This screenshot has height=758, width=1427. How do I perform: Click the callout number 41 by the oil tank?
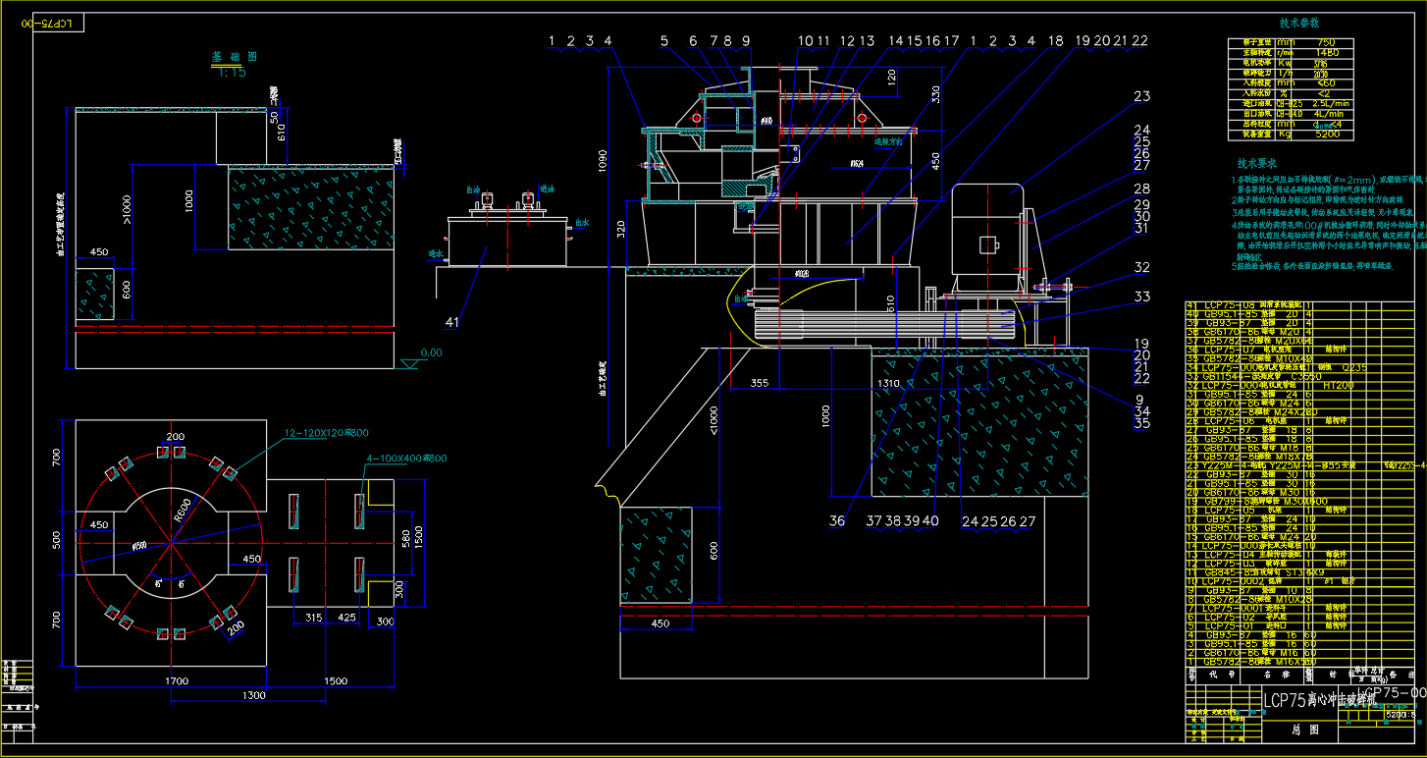click(451, 321)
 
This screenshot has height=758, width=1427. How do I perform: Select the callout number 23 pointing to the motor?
click(1141, 96)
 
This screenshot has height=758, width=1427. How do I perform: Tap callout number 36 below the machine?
click(836, 521)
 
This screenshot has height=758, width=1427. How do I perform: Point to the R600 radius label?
click(183, 508)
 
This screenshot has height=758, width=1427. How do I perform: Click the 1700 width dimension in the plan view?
click(177, 680)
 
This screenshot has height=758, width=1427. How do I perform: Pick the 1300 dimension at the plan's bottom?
click(254, 695)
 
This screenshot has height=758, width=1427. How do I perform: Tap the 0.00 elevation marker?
click(430, 352)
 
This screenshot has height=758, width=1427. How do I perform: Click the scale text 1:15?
click(232, 72)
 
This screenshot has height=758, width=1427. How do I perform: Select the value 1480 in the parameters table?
click(1327, 52)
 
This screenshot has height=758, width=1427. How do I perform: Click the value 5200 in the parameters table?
click(1327, 134)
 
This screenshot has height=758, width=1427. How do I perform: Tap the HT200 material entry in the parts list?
click(1339, 385)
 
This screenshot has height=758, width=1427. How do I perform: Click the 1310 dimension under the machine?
click(888, 382)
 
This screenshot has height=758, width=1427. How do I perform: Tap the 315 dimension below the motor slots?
click(314, 618)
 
